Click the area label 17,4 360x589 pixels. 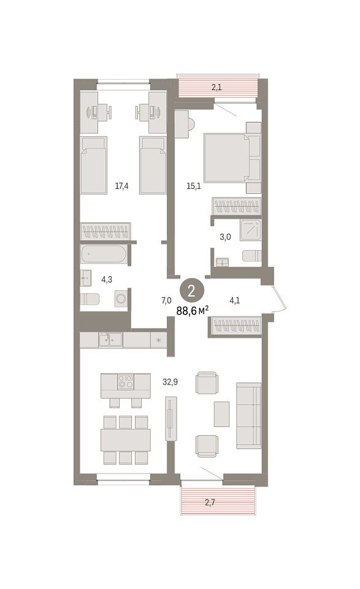(x=121, y=185)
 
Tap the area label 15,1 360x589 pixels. (x=193, y=185)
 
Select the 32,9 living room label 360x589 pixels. (x=170, y=382)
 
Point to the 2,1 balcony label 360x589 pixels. (x=216, y=87)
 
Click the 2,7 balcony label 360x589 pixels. (x=210, y=502)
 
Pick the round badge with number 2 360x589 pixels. (x=191, y=290)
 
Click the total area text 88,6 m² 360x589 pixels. (x=192, y=311)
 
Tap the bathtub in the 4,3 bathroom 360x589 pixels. (x=104, y=254)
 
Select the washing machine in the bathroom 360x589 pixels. (x=121, y=298)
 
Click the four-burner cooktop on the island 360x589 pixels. (x=125, y=382)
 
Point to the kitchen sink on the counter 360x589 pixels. (x=110, y=339)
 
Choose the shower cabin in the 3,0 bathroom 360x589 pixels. (x=250, y=229)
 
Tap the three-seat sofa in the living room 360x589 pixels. (x=248, y=415)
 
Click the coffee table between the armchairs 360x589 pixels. (x=221, y=414)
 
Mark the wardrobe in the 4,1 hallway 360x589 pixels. (x=236, y=325)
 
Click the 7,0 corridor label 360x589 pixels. (x=166, y=300)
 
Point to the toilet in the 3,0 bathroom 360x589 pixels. (x=251, y=256)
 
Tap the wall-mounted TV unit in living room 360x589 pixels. (x=171, y=418)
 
